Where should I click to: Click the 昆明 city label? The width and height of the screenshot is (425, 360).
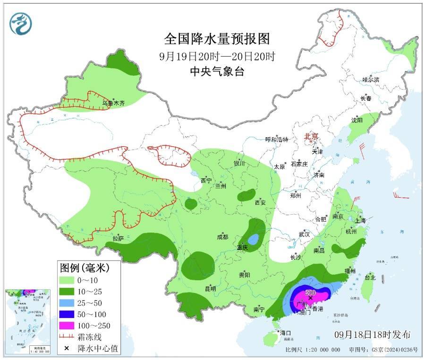coord(210,288)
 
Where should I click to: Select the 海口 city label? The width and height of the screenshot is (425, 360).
coord(286,333)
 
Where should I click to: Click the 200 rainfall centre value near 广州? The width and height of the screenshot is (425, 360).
coord(310,292)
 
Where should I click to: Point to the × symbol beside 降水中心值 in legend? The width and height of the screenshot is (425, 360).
coord(67,348)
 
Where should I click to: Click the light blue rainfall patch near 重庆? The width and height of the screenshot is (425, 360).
coord(254,239)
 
